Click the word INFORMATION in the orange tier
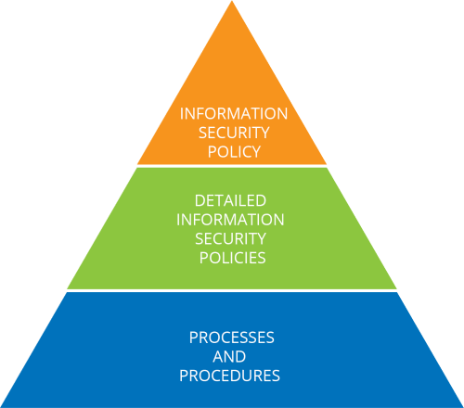[x=234, y=113]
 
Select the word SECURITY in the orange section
[x=234, y=133]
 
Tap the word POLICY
[x=234, y=152]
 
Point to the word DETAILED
[x=230, y=200]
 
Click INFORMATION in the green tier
[x=230, y=220]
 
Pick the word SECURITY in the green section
[x=230, y=239]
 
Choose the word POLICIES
[x=233, y=258]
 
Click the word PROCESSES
[x=232, y=338]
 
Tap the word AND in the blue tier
[x=229, y=357]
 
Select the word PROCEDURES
[x=229, y=376]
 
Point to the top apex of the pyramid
[x=232, y=1]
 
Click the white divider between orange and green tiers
[x=232, y=166]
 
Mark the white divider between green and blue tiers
[x=232, y=290]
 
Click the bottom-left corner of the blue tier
[x=1, y=407]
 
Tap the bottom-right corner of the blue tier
[x=463, y=407]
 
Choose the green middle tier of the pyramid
[x=232, y=228]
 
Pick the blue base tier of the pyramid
[x=232, y=350]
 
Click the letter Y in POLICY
[x=256, y=152]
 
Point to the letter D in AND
[x=240, y=357]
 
